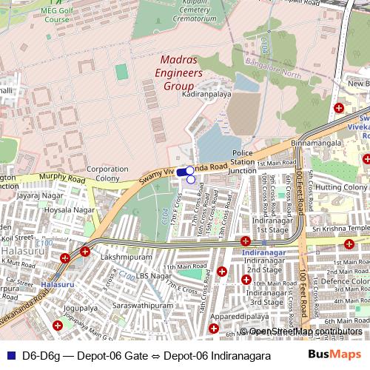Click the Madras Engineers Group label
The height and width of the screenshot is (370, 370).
tap(182, 74)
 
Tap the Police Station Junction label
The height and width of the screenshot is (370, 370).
tap(243, 162)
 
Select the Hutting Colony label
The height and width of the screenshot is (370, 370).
tap(342, 187)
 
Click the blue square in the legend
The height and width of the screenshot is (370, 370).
tap(10, 355)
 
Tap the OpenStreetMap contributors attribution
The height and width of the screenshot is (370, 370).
tap(305, 331)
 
